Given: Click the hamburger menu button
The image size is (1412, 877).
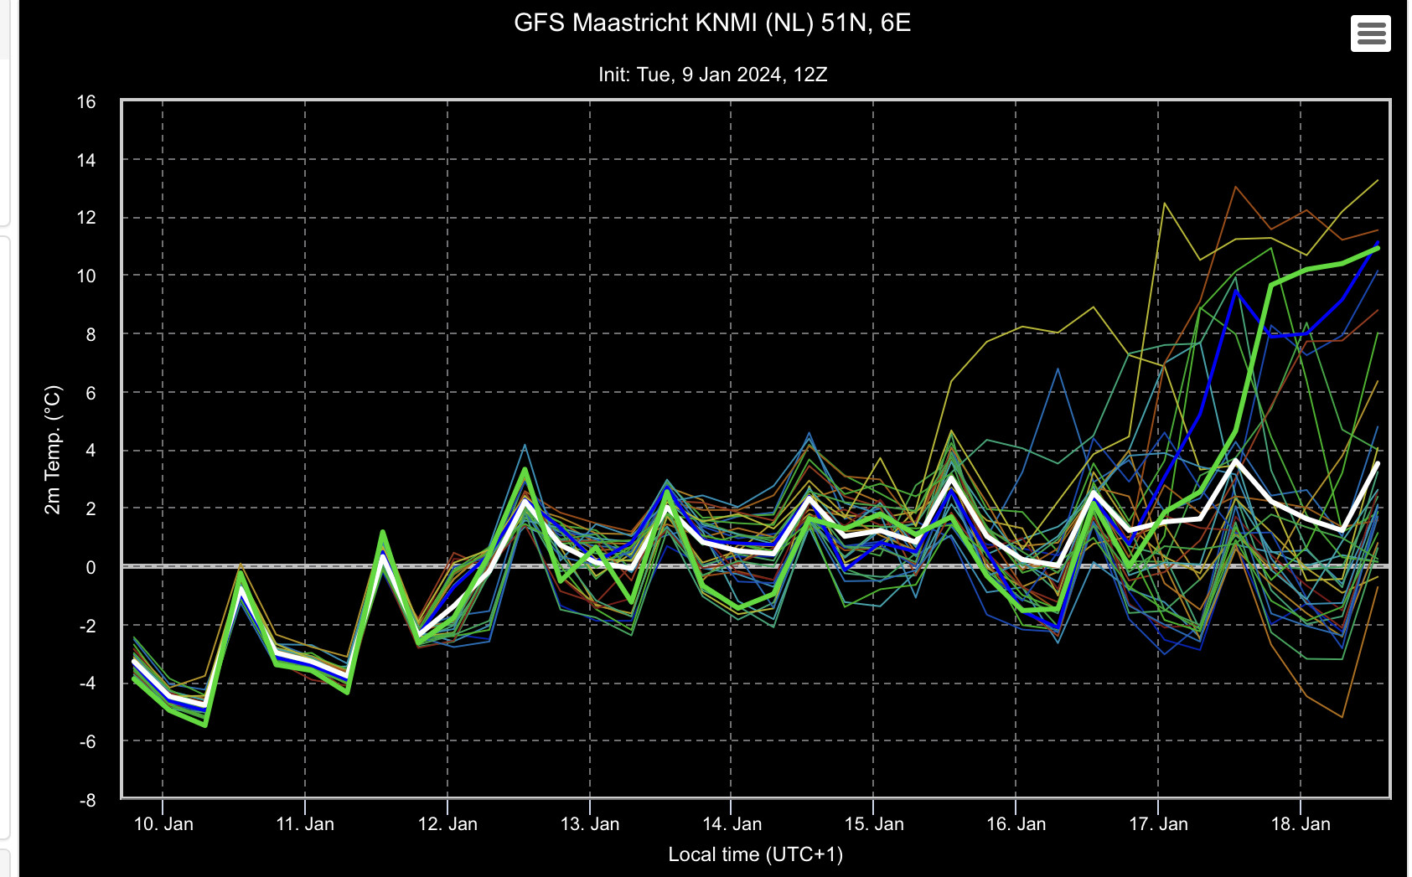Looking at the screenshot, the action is (1370, 34).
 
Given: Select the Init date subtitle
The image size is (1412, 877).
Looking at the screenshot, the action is (712, 75).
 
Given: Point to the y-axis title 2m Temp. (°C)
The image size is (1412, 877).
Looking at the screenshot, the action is (53, 450).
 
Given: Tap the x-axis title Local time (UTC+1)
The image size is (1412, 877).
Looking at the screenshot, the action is (755, 854).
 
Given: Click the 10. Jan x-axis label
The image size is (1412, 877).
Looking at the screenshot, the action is (163, 823).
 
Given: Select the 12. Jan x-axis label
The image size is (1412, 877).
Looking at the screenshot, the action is (447, 823).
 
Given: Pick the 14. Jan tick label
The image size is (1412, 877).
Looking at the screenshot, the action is (732, 823).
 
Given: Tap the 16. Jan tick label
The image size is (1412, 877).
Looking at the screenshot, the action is (1016, 823).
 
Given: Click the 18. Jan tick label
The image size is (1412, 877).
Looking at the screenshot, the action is (1301, 823).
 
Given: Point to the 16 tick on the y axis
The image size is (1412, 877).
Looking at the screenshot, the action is (86, 102).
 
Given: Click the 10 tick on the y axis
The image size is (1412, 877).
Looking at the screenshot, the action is (86, 276).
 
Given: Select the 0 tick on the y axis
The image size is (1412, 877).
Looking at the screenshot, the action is (91, 567).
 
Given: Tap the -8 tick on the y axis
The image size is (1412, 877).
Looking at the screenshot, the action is (88, 800).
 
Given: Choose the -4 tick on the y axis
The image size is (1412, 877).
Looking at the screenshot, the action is (88, 684).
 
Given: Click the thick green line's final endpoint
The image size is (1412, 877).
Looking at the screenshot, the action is (1378, 248).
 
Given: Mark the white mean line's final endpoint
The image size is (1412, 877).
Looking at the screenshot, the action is (1378, 464).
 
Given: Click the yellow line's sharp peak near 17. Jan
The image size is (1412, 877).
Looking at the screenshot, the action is (1164, 203).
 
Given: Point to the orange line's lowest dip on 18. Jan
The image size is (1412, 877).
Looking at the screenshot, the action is (1342, 717).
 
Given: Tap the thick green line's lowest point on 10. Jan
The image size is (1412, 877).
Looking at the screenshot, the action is (205, 725).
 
